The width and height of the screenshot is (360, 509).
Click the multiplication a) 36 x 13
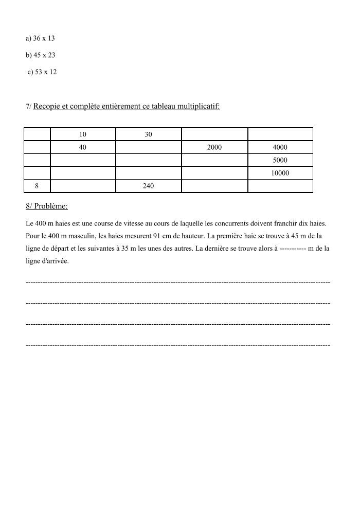click(x=40, y=38)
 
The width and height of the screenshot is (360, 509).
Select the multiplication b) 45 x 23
click(x=40, y=55)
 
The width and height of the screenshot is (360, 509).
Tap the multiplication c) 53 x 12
click(x=42, y=72)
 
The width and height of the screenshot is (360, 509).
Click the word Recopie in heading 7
click(x=47, y=107)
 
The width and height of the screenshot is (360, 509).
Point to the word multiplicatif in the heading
click(x=198, y=107)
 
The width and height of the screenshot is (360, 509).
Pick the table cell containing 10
click(x=83, y=134)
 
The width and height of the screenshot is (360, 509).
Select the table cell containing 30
click(x=149, y=134)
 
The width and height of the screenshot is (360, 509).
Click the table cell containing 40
click(x=83, y=147)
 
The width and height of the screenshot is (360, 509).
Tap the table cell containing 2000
click(x=214, y=147)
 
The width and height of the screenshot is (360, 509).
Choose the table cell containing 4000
click(x=280, y=147)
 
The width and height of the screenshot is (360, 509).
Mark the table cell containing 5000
click(x=280, y=160)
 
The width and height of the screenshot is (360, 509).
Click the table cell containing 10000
click(x=280, y=173)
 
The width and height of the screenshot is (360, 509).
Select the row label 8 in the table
click(x=37, y=186)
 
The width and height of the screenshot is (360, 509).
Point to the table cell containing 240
click(x=149, y=186)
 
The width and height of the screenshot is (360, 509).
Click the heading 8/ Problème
click(x=46, y=206)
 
